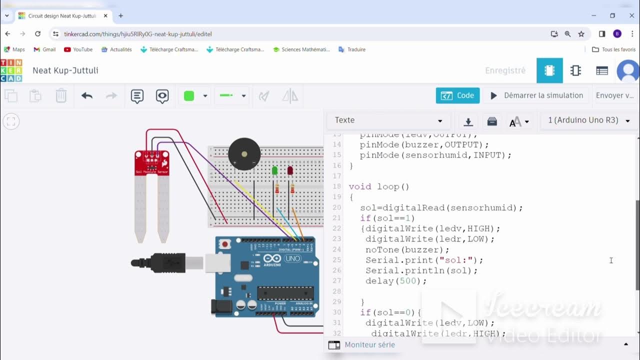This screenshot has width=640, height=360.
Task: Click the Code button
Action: point(457,95)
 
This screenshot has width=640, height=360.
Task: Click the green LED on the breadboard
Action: point(274,171)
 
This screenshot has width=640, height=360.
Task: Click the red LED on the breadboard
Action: point(290,171)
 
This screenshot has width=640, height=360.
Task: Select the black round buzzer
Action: point(244,154)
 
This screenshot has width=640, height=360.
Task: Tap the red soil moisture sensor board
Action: point(151,163)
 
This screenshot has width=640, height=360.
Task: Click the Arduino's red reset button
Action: point(225,245)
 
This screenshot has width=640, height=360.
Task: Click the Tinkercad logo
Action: point(11,70)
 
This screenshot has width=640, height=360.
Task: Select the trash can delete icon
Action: point(61,95)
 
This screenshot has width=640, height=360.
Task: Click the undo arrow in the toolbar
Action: point(87,95)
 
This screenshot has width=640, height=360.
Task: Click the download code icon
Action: point(468,121)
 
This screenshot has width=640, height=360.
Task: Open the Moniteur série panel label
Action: point(369,344)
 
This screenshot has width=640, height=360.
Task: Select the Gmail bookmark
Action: point(44,49)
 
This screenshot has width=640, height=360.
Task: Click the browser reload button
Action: point(37,34)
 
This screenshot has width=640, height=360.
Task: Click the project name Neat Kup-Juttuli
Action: point(65,70)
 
